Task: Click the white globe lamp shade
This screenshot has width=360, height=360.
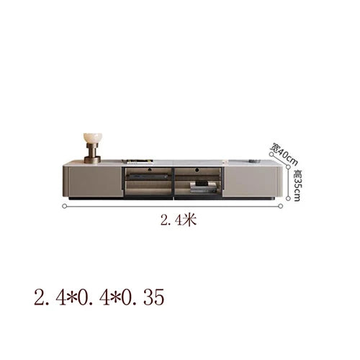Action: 93,139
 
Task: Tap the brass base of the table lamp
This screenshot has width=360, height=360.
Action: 92,154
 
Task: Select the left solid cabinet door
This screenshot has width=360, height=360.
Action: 95,181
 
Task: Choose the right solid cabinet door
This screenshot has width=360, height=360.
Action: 251,181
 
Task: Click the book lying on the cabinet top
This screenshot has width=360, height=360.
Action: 138,161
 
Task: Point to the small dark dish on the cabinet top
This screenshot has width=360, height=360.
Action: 255,161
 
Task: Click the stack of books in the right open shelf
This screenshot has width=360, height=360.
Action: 204,187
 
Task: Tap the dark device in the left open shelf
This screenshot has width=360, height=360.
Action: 149,177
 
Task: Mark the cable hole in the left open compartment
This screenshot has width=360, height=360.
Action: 150,170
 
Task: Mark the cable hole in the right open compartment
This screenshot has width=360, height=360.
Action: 197,170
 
